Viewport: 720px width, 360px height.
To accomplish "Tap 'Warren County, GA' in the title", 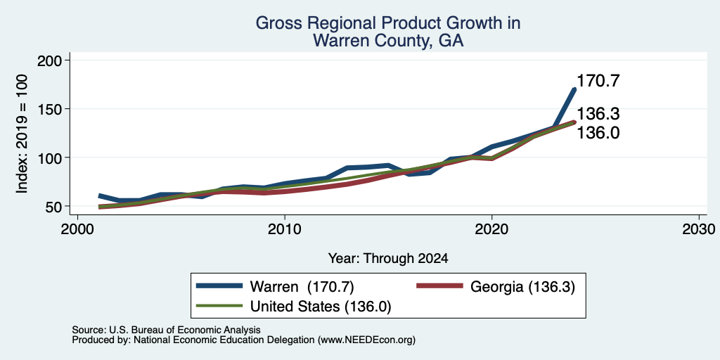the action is point(388,41).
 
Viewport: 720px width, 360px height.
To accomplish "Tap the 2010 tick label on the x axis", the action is point(285,229).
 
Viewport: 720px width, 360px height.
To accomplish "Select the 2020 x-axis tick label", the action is point(491,229).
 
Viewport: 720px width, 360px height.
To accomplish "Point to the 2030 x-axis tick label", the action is point(699,229).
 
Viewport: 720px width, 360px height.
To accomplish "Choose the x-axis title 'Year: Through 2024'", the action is point(388,259).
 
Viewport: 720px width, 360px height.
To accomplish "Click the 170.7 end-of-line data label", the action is point(598,82).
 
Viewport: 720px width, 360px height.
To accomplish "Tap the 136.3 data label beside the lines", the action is point(598,113).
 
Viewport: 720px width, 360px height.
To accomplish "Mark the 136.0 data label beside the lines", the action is point(598,133).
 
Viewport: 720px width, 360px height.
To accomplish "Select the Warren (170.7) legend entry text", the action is point(302,287).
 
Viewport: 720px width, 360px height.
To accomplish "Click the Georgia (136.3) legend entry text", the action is point(522,287).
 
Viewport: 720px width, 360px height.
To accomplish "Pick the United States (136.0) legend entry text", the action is point(321,307).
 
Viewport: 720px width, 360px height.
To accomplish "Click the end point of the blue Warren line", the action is point(574,89).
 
